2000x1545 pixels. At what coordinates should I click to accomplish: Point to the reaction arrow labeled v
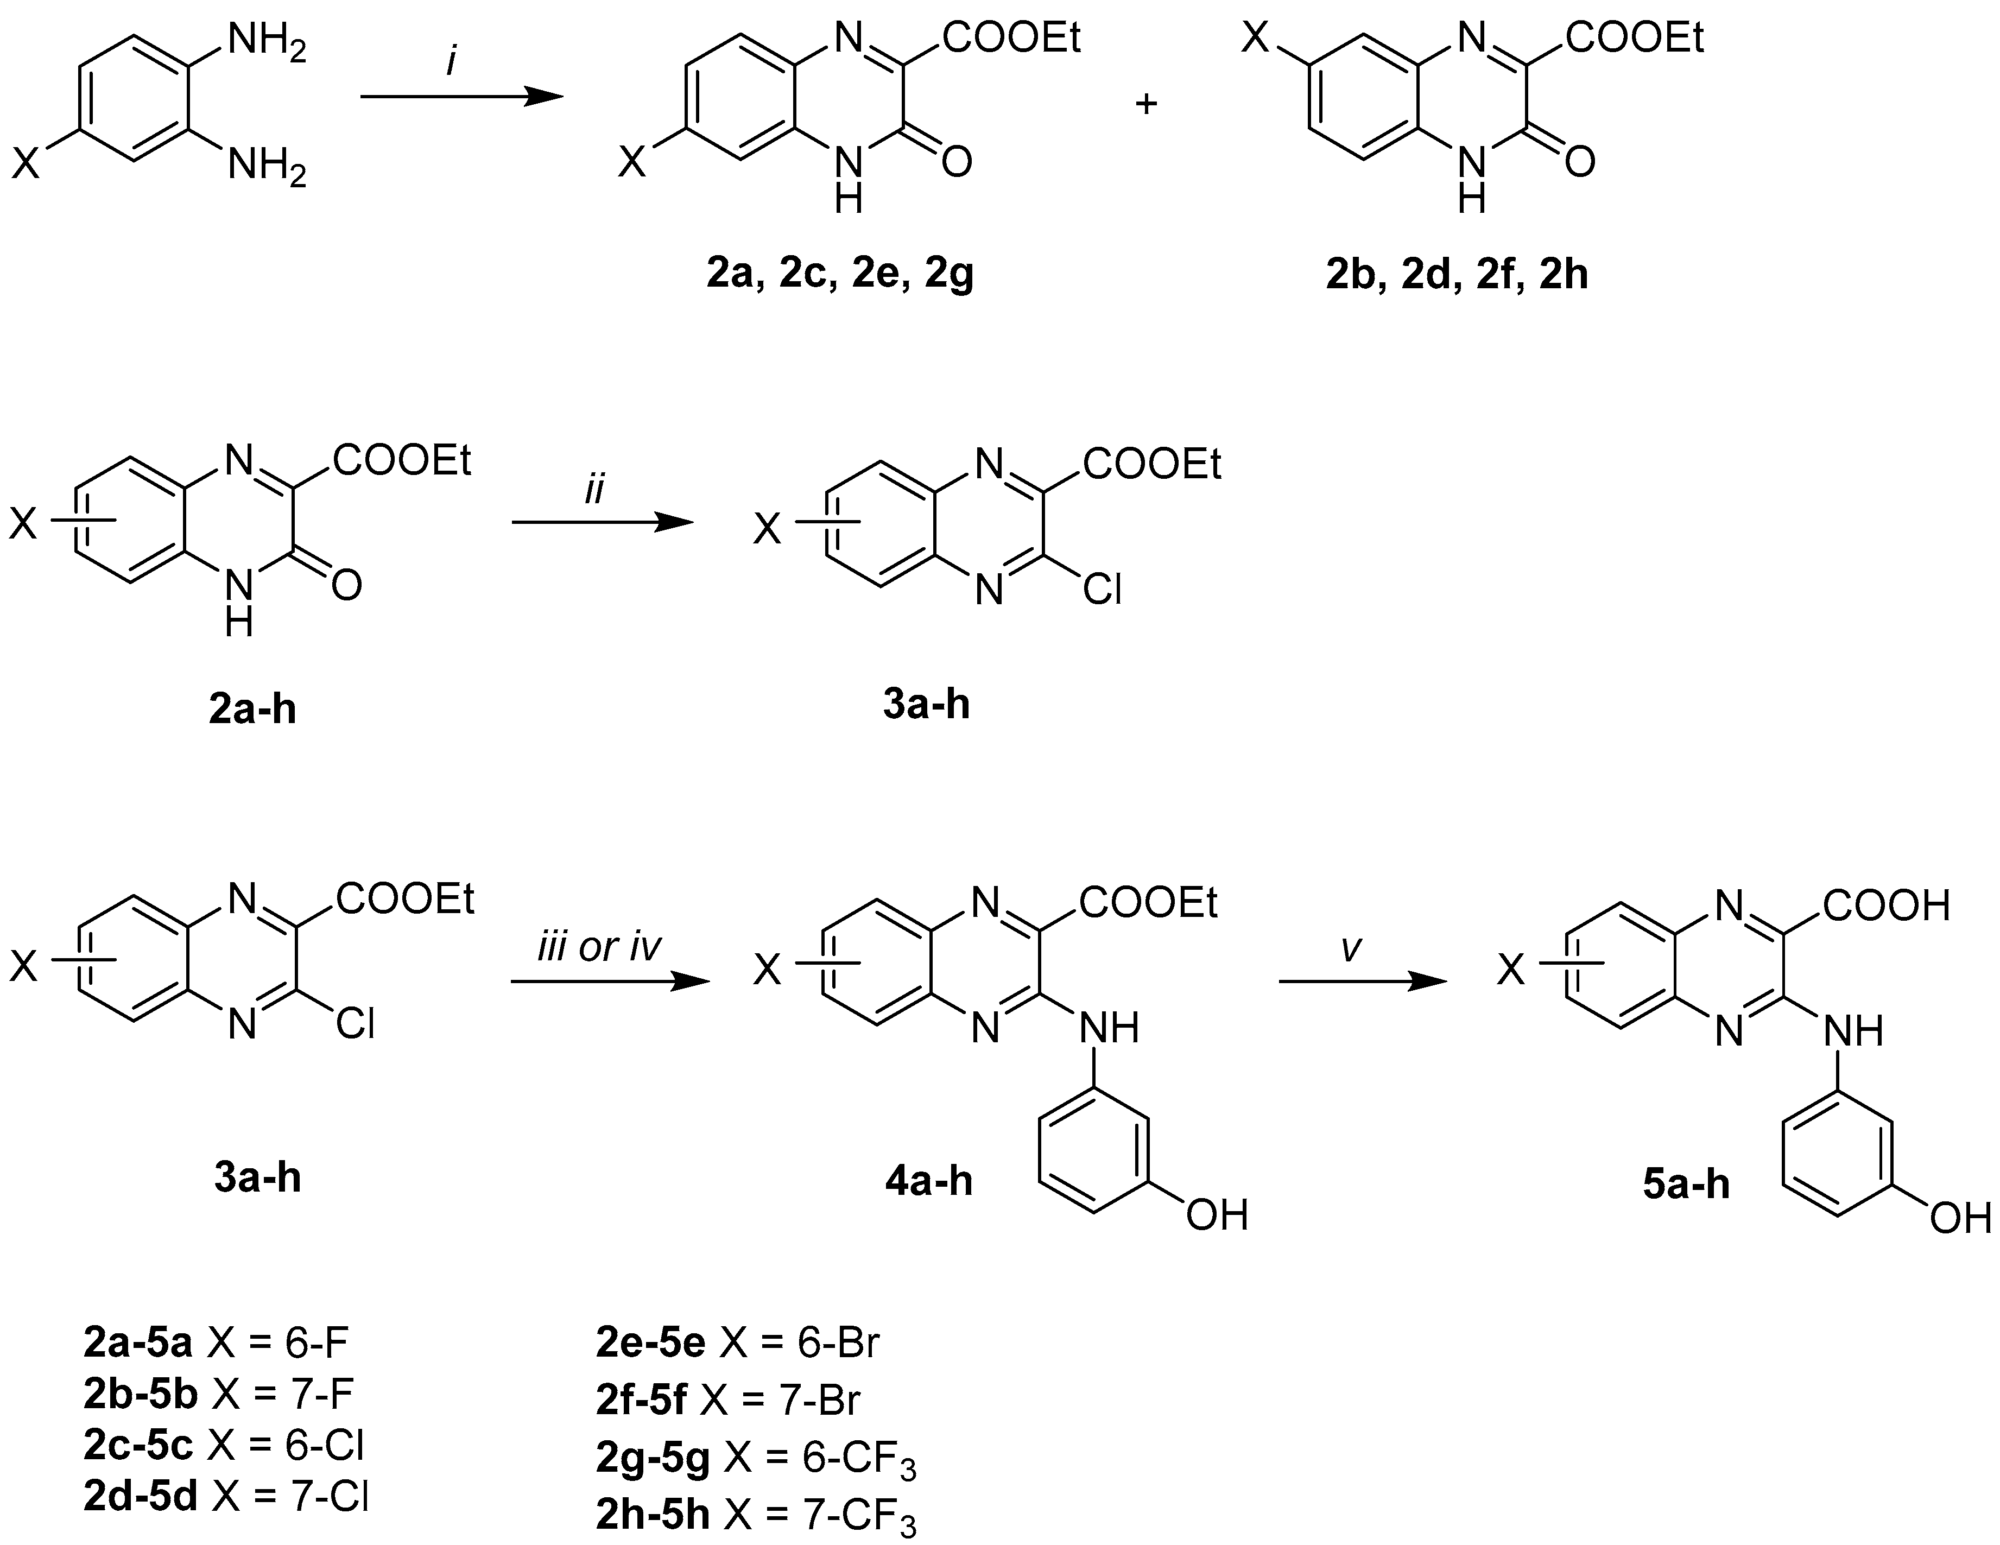1363,982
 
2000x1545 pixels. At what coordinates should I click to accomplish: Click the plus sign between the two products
1145,104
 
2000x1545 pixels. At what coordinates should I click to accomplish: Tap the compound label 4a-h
928,1181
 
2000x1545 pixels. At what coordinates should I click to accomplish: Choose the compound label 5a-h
1686,1184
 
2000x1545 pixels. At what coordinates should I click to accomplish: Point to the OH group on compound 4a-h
1217,1215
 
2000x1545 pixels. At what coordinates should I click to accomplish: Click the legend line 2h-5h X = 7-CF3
756,1516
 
